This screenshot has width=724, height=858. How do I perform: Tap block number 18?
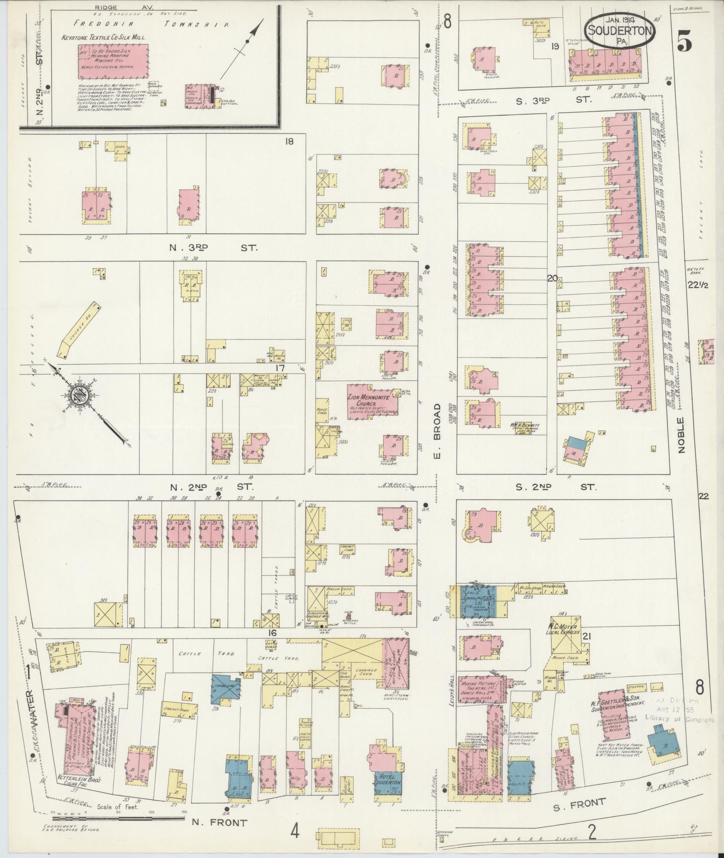tap(289, 142)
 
